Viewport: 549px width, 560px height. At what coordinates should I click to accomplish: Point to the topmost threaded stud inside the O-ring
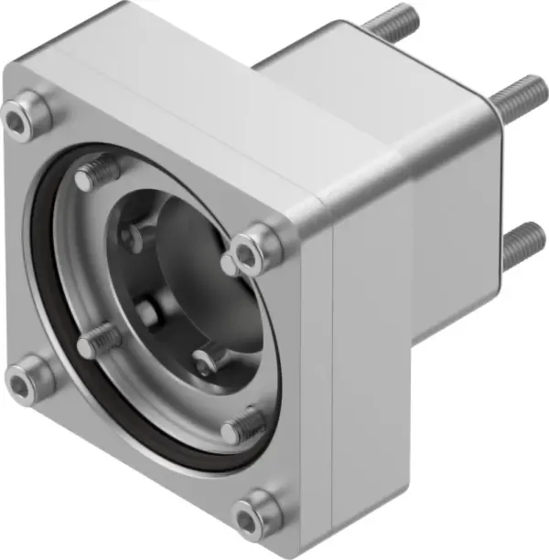98,172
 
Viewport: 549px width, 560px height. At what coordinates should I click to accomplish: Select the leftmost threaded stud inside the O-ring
97,343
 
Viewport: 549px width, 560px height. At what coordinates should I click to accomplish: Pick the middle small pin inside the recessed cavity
146,311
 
